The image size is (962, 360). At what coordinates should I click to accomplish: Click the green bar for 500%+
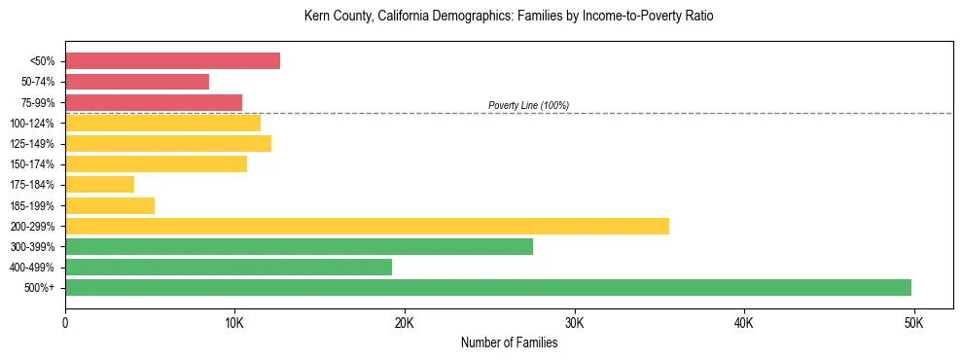click(487, 287)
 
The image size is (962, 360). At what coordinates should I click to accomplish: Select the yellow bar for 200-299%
click(367, 226)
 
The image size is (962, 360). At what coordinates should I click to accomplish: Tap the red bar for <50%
click(172, 61)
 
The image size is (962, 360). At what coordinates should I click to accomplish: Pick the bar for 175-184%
click(99, 184)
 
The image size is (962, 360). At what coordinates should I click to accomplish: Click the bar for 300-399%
click(299, 246)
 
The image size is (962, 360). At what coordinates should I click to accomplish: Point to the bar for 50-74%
click(137, 82)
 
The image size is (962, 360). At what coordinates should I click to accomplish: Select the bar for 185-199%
click(110, 205)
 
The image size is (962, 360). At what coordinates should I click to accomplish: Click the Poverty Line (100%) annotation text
click(528, 105)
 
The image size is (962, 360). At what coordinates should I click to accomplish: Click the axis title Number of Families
click(509, 342)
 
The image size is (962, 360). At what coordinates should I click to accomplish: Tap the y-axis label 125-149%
click(32, 144)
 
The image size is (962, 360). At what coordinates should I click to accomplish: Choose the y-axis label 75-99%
click(37, 103)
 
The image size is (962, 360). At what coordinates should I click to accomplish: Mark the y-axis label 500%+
click(40, 288)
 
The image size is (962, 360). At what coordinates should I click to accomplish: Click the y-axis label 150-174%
click(32, 164)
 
